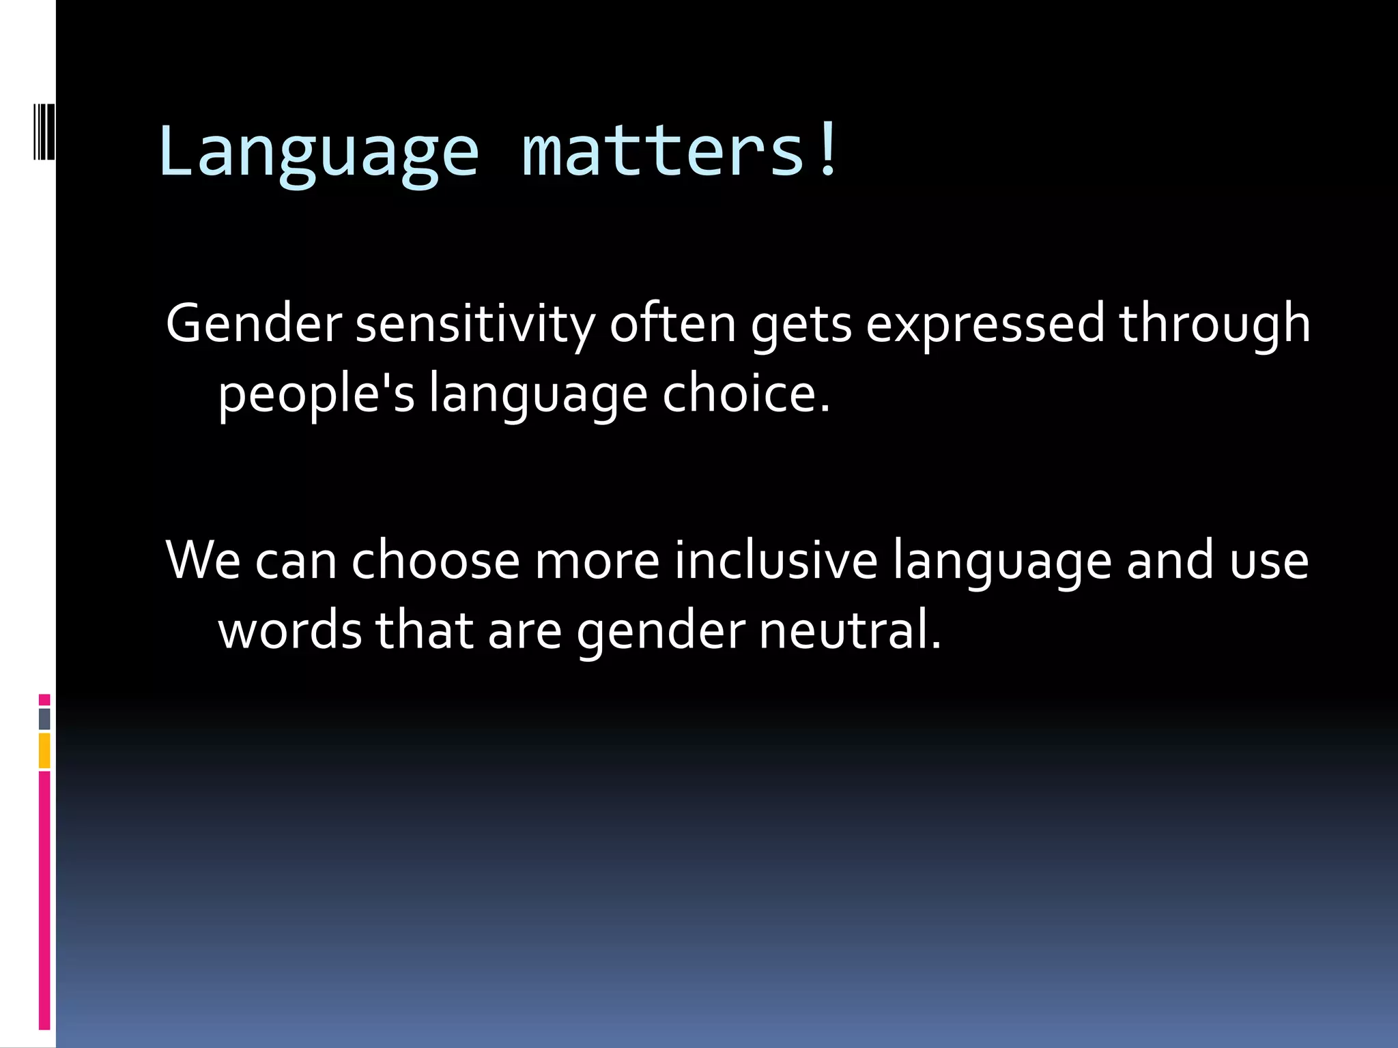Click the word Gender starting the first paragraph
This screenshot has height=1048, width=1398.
[253, 323]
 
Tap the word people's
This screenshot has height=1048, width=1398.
[316, 396]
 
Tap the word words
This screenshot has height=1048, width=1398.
[289, 630]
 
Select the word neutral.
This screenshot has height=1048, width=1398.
[850, 630]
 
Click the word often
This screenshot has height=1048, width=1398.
[672, 323]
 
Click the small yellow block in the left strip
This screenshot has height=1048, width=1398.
[44, 751]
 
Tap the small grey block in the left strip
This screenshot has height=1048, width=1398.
[44, 718]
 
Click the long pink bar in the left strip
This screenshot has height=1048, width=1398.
[44, 901]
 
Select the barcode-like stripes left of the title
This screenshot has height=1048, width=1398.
[43, 132]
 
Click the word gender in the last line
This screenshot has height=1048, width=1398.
[660, 632]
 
